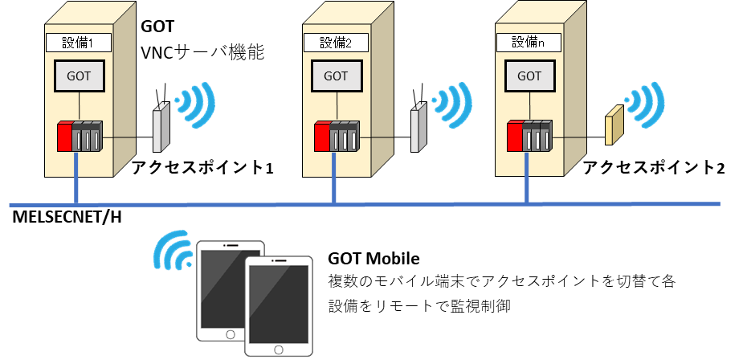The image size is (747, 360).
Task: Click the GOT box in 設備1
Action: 79,76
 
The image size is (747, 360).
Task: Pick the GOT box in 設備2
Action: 336,76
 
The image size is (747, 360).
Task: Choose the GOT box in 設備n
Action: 529,76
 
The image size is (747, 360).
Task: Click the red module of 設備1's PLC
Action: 64,136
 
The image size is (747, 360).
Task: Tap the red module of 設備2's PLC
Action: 321,136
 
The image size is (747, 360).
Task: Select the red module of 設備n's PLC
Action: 515,136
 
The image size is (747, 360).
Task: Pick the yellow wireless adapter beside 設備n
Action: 614,125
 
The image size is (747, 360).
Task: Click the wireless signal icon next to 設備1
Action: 195,103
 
